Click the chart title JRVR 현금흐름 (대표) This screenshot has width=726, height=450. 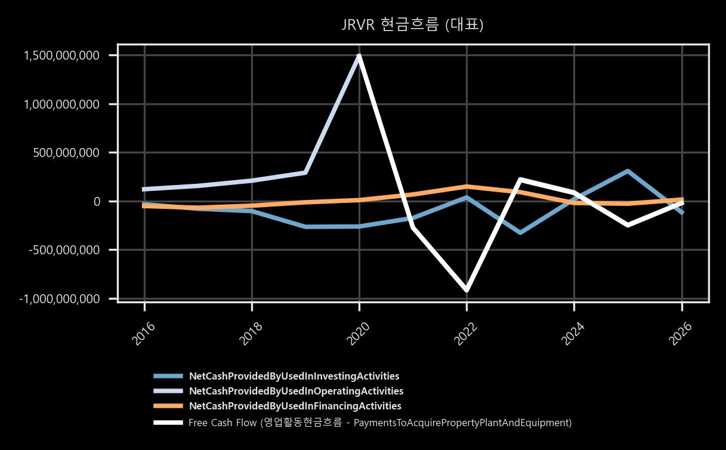point(412,24)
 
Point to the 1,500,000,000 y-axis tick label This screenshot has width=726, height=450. point(61,56)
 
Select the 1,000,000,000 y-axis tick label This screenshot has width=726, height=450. point(61,104)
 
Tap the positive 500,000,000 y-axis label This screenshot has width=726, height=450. point(66,153)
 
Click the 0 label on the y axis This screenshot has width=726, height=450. point(97,202)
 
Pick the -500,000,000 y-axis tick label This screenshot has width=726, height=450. point(64,250)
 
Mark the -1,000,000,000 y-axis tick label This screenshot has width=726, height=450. point(59,299)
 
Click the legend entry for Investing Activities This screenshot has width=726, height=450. point(294,376)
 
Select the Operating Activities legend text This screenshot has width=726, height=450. point(296,391)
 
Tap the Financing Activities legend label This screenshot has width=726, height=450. point(295,406)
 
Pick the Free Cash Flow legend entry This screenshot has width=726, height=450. point(380,423)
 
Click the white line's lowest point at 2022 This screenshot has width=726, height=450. point(467,290)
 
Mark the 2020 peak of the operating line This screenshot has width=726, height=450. point(359,56)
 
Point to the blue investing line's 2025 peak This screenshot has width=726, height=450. point(628,171)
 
